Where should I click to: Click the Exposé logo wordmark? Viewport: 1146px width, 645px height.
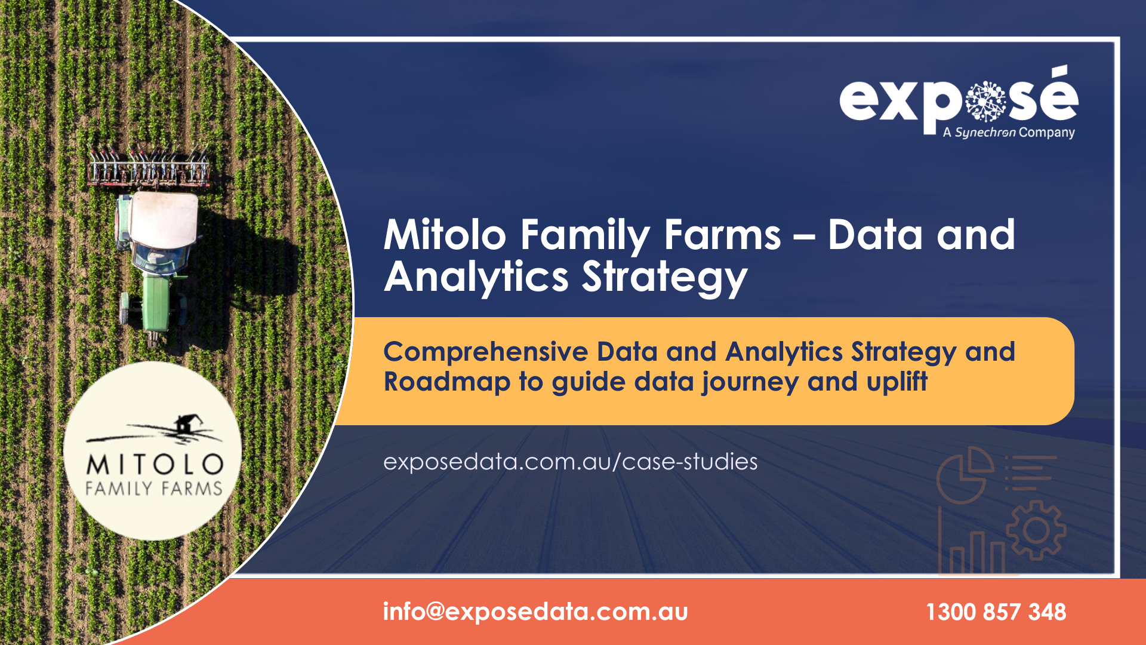click(x=959, y=99)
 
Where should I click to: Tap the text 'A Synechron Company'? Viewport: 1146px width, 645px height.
click(x=1009, y=133)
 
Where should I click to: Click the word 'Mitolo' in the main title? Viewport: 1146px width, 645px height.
click(x=445, y=234)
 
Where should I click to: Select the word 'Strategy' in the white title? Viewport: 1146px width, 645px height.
click(x=664, y=278)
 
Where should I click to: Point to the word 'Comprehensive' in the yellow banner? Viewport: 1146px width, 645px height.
click(x=486, y=352)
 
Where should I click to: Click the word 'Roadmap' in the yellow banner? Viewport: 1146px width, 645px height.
click(x=447, y=382)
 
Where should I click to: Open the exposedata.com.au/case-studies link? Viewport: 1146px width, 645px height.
click(x=570, y=462)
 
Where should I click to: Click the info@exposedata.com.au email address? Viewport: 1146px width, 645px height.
click(x=535, y=612)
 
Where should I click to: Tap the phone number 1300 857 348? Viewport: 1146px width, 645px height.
click(x=996, y=612)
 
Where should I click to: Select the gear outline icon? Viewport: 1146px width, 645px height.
click(x=1036, y=530)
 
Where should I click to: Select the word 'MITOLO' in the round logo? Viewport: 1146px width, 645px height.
click(x=155, y=465)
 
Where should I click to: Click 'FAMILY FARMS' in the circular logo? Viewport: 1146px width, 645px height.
click(x=154, y=489)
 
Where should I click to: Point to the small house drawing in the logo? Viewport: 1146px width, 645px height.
click(x=185, y=424)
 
